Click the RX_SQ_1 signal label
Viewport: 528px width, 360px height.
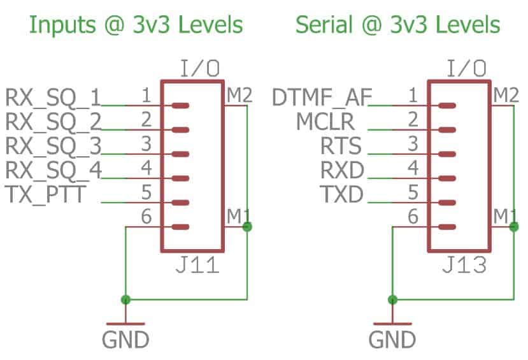click(x=53, y=97)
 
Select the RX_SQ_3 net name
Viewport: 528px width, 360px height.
click(x=53, y=146)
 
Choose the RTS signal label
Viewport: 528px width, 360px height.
click(x=341, y=146)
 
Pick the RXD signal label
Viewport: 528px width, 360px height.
click(x=341, y=170)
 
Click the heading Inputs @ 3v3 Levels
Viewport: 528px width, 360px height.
click(x=136, y=25)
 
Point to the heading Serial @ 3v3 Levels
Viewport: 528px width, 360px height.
click(x=398, y=25)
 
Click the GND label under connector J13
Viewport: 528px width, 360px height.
click(x=392, y=339)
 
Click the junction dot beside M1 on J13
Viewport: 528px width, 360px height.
click(x=515, y=226)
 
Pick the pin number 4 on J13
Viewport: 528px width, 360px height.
click(x=413, y=169)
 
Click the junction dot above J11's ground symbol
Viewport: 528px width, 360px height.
click(x=125, y=299)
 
